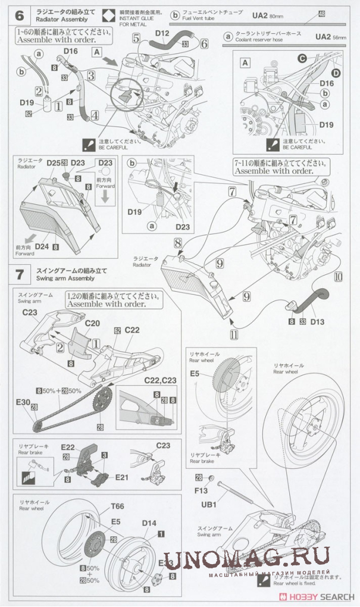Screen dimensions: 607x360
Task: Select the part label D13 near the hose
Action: [x=317, y=322]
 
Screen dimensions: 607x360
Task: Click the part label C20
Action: [x=92, y=323]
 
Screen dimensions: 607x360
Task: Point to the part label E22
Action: [x=68, y=446]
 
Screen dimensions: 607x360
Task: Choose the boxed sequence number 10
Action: [x=337, y=277]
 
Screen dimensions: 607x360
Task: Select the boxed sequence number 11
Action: [x=234, y=334]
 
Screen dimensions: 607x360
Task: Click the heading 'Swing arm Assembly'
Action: [x=65, y=278]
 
